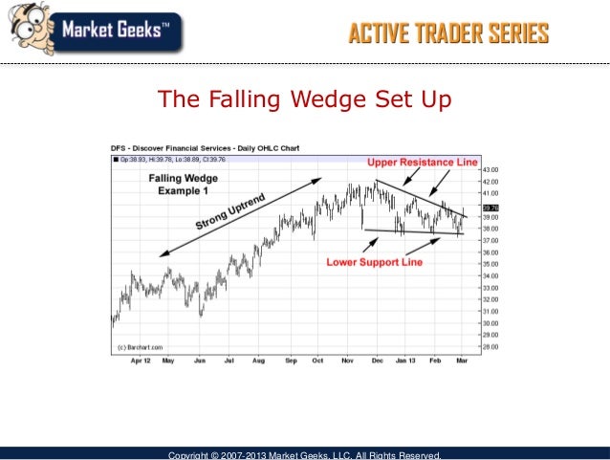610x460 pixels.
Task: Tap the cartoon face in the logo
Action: point(29,27)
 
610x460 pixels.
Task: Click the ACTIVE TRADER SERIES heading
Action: point(447,35)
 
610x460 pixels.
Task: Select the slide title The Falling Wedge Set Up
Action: point(303,99)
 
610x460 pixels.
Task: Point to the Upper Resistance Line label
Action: point(422,164)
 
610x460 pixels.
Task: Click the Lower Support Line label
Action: point(374,261)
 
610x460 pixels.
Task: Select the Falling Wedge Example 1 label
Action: point(182,185)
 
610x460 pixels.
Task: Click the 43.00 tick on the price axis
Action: point(490,170)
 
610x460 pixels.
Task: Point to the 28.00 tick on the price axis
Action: point(490,346)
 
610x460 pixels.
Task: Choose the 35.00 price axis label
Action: point(490,264)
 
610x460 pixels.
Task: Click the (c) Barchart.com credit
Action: point(139,346)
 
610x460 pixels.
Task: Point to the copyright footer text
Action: point(304,454)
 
